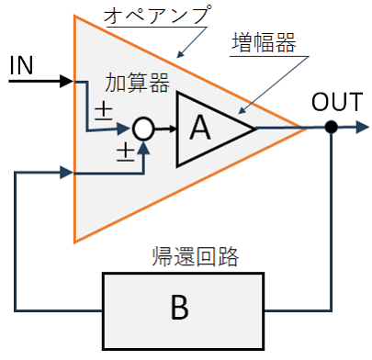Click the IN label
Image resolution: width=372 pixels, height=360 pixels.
[x=21, y=65]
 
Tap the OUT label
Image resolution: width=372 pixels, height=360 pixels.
[x=337, y=102]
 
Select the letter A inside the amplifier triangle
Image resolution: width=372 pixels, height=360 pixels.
[x=200, y=128]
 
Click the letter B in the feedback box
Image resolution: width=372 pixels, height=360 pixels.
[x=179, y=307]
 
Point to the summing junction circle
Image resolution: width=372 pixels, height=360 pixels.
[x=143, y=129]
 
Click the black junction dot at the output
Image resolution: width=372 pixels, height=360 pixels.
[x=331, y=127]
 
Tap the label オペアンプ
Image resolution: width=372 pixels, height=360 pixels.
[x=157, y=15]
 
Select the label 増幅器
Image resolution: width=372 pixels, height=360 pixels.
[x=264, y=43]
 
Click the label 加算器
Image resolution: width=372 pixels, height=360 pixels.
[x=138, y=83]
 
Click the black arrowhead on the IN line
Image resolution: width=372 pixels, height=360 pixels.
[x=66, y=82]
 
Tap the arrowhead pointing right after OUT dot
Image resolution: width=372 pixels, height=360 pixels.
[x=362, y=127]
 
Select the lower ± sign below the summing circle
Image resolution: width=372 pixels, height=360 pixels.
[x=126, y=153]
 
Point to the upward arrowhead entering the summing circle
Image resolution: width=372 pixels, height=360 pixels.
[x=143, y=148]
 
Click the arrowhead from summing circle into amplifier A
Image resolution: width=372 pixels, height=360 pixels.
[x=173, y=129]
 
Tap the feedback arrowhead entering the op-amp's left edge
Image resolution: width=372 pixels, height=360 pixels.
[x=66, y=173]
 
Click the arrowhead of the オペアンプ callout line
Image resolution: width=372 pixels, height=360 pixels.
[x=181, y=54]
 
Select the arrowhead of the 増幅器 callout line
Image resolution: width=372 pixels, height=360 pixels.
[x=242, y=111]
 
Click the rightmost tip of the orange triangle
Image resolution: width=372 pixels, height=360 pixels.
[x=307, y=129]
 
